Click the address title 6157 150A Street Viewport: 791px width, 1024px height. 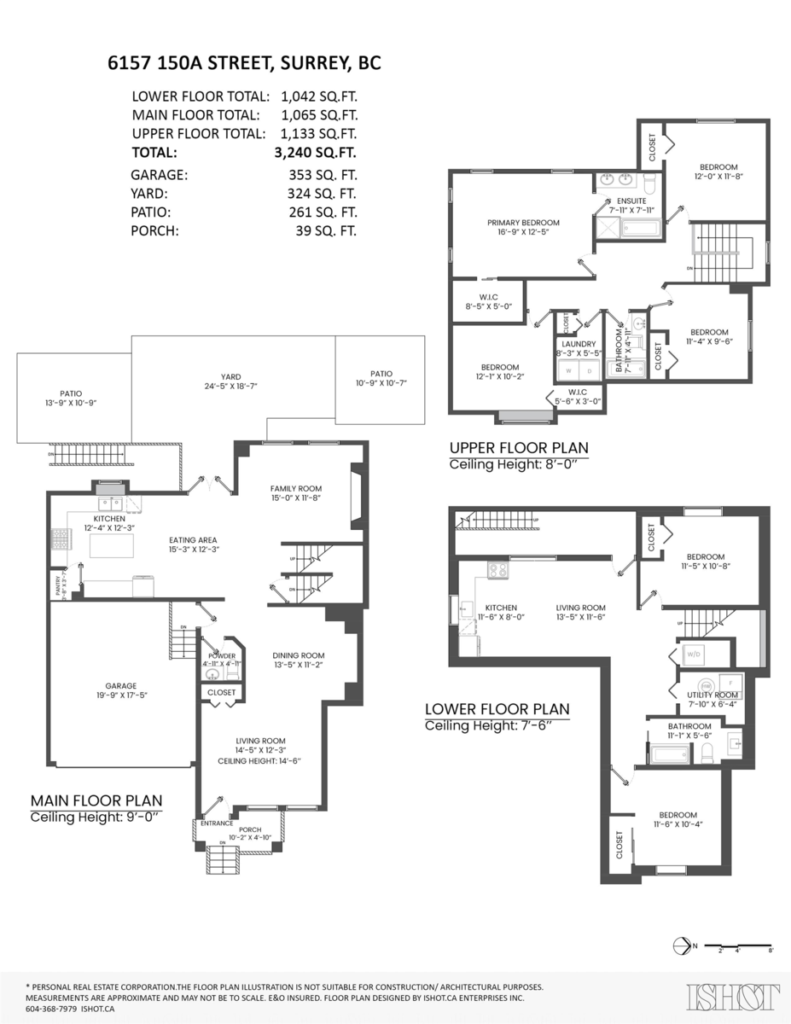(244, 63)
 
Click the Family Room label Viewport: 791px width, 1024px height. (295, 488)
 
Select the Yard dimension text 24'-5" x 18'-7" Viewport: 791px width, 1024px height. (226, 386)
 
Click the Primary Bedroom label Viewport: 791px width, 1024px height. (523, 223)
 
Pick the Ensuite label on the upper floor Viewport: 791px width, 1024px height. (619, 201)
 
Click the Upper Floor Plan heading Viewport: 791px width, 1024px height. (518, 448)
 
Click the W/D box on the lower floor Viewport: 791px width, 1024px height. (692, 655)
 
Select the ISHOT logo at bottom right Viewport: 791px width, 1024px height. (733, 997)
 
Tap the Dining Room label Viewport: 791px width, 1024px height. (298, 655)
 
